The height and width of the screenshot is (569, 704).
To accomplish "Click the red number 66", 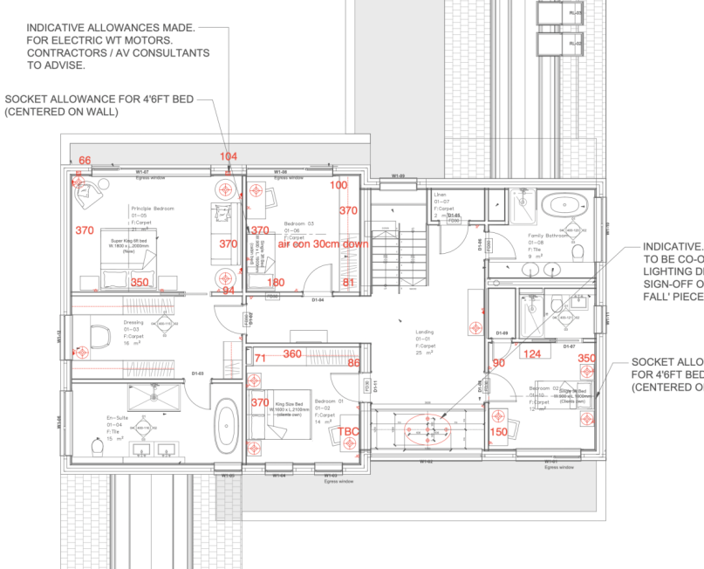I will pos(85,160).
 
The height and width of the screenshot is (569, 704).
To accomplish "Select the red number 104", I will pos(228,156).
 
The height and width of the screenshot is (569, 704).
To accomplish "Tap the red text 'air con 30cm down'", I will pos(323,244).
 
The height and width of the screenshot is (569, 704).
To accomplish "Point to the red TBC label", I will pos(349,432).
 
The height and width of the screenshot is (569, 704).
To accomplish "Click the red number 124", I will pos(531,353).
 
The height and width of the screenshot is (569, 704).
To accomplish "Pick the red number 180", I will pos(276,283).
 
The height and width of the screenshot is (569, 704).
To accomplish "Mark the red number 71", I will pos(260,358).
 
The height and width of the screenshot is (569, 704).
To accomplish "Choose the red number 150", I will pos(498,432).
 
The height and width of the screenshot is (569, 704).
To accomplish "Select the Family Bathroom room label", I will pos(548,236).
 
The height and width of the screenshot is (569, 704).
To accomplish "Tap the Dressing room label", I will pos(133,322).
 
